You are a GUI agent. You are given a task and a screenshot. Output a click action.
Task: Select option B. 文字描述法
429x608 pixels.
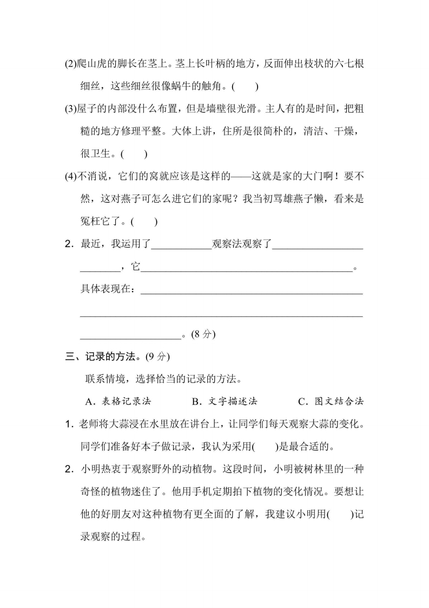point(225,402)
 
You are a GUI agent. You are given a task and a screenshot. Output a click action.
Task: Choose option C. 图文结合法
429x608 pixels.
point(331,402)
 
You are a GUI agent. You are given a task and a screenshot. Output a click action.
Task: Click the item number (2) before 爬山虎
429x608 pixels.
point(71,63)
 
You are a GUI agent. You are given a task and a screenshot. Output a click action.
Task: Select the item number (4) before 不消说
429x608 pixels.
point(71,177)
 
